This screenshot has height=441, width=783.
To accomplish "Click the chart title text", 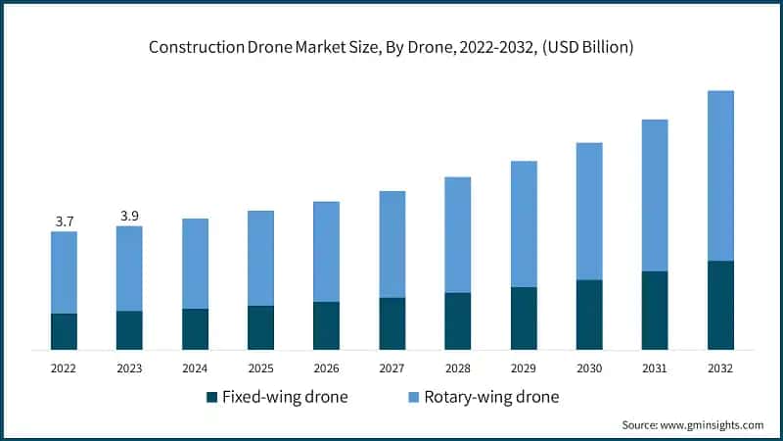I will click(391, 48).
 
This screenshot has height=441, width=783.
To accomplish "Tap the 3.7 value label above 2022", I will click(64, 221).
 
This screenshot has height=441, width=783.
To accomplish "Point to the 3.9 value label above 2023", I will click(129, 216).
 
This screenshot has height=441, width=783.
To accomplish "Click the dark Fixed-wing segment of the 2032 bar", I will click(720, 305).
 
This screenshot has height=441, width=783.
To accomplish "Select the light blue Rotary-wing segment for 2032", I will click(720, 176).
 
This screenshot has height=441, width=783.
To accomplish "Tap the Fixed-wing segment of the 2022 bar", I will click(64, 331).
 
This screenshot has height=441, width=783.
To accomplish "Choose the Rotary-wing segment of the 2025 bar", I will click(260, 258).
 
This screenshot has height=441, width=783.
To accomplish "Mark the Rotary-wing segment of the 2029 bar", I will click(524, 223).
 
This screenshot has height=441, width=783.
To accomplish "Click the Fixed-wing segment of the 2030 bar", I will click(589, 315).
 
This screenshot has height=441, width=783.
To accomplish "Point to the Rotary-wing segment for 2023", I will click(129, 269).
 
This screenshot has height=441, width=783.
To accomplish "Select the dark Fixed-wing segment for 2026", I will click(326, 325).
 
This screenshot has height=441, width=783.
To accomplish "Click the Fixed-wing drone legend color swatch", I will click(210, 397).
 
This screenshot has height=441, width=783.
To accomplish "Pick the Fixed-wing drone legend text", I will click(285, 397).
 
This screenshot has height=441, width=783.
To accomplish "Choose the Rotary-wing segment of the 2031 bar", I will click(655, 195).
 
